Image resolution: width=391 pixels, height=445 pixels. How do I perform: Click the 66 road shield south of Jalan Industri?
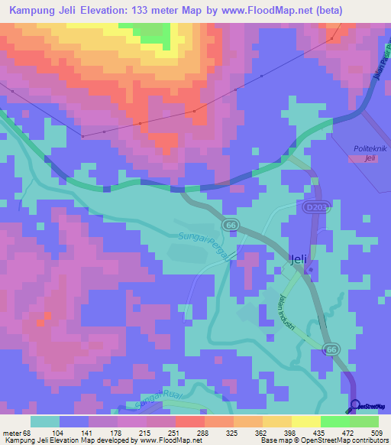[331, 348]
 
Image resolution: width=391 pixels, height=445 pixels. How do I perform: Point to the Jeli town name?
[299, 259]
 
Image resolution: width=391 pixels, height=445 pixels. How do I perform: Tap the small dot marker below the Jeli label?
[310, 269]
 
